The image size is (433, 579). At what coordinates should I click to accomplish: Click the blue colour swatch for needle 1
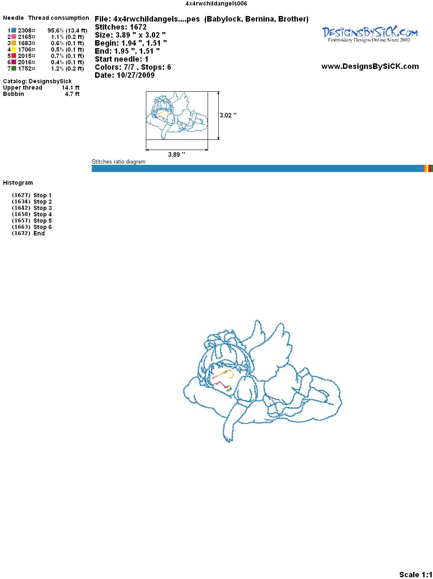pos(14,30)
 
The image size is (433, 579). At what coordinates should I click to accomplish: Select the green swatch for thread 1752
pos(14,68)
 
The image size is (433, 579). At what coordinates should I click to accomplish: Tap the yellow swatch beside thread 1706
pos(14,49)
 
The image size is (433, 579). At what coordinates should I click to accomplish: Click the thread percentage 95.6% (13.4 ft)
pos(67,30)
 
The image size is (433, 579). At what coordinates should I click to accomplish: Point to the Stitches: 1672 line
pos(121,27)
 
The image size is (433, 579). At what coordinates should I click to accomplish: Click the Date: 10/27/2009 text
pos(125,75)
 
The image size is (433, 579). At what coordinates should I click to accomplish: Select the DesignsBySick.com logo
pos(370,35)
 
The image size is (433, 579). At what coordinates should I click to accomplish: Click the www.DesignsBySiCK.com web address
pos(370,66)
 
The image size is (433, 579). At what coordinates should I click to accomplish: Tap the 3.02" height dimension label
pos(228,115)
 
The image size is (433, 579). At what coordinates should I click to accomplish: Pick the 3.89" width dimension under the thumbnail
pos(176,154)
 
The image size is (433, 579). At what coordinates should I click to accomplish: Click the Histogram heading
pos(18,183)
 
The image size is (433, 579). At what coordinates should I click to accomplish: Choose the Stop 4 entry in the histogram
pos(32,214)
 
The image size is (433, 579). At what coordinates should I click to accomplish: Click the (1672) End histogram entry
pos(28,233)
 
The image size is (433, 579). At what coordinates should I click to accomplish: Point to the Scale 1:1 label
pos(416,574)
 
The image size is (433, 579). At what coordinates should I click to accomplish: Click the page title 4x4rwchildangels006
pos(216,3)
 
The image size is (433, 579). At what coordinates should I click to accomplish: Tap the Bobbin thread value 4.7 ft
pos(72,94)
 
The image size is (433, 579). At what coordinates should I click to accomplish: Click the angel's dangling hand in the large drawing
pos(228,438)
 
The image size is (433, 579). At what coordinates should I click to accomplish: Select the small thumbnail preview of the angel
pos(177,115)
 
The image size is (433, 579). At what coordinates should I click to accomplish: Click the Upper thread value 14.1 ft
pos(71,87)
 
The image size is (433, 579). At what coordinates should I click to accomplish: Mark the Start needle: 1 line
pos(121,59)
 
